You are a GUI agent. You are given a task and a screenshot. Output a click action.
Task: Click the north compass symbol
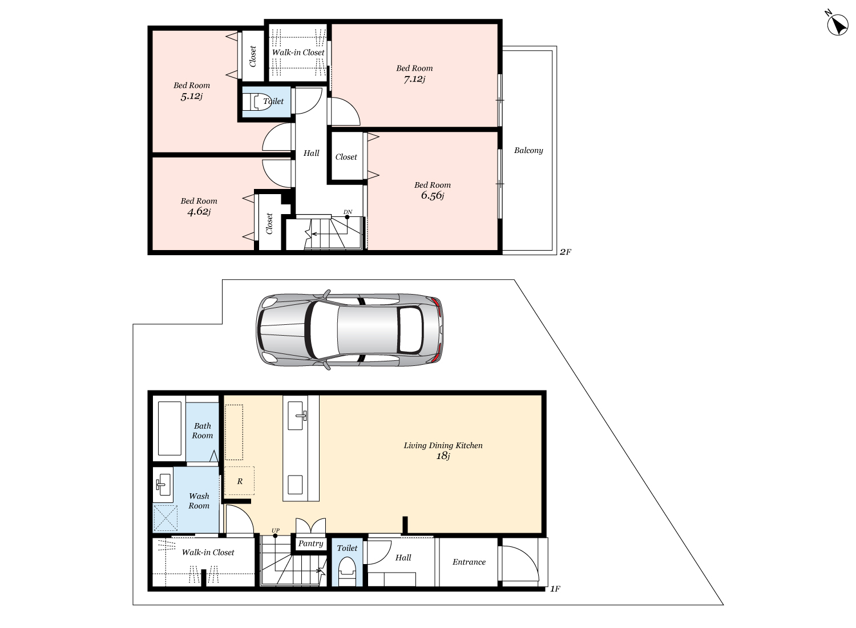pyautogui.click(x=837, y=25)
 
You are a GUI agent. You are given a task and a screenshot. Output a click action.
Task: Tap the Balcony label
pyautogui.click(x=528, y=150)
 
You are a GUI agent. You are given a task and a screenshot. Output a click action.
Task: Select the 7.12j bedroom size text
pyautogui.click(x=414, y=79)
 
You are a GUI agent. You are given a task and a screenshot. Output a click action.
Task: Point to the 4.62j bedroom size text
pyautogui.click(x=199, y=211)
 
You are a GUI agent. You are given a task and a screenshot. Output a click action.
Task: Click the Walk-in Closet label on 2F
pyautogui.click(x=298, y=53)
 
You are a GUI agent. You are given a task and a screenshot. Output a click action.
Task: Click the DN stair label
pyautogui.click(x=348, y=212)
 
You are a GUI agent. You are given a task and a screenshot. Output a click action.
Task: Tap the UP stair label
pyautogui.click(x=276, y=530)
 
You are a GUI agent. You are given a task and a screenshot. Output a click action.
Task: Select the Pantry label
pyautogui.click(x=310, y=544)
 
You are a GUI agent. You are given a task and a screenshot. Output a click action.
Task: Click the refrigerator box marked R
pyautogui.click(x=239, y=481)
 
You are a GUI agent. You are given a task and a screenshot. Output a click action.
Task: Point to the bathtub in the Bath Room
pyautogui.click(x=169, y=428)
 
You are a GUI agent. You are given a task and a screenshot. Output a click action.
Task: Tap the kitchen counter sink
pyautogui.click(x=296, y=416)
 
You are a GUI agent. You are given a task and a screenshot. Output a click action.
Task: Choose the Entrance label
pyautogui.click(x=469, y=562)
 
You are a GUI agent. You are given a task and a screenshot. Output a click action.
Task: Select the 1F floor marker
pyautogui.click(x=555, y=589)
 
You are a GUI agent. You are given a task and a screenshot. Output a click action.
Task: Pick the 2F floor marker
pyautogui.click(x=565, y=252)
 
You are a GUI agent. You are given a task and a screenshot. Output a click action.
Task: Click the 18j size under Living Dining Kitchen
pyautogui.click(x=443, y=456)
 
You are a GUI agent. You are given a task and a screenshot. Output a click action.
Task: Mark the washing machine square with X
pyautogui.click(x=165, y=518)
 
